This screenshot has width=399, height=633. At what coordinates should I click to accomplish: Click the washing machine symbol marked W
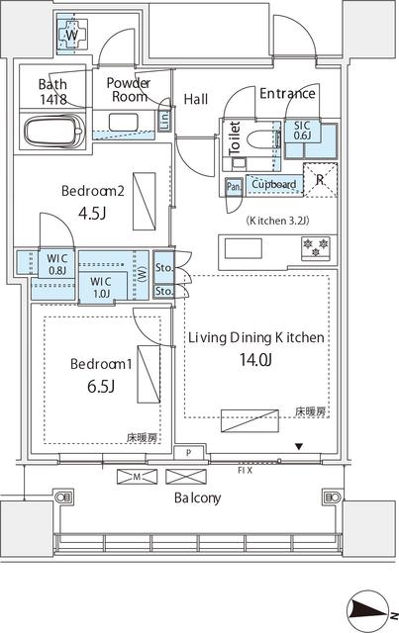pos(71,36)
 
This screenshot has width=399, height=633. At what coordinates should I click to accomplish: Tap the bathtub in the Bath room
pos(53,131)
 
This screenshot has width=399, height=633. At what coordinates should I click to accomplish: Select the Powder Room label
pos(128,90)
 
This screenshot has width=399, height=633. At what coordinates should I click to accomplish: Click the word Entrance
pos(287,94)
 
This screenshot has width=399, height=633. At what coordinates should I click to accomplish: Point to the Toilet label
pos(235,136)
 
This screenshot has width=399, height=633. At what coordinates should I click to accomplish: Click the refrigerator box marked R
pos(318,180)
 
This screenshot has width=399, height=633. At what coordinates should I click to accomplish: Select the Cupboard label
pos(273,184)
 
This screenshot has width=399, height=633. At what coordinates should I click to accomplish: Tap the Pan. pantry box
pos(235,185)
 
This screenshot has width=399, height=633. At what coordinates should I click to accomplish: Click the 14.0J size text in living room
pos(255,361)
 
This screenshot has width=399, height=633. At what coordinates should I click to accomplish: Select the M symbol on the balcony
pos(137,477)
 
